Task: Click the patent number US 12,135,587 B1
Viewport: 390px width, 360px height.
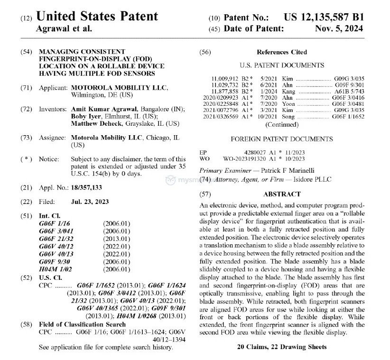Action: [324, 17]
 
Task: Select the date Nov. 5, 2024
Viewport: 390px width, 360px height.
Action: [339, 28]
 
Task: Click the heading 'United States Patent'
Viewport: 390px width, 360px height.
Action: [97, 16]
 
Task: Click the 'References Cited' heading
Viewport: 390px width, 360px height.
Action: [282, 52]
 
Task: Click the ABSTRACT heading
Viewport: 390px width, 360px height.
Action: [282, 194]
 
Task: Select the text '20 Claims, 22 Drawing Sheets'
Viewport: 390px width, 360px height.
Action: [282, 347]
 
